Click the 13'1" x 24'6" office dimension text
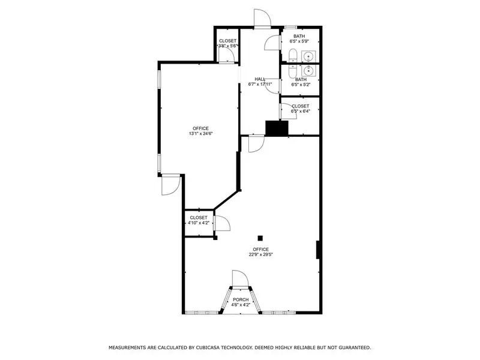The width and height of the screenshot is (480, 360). coord(200,133)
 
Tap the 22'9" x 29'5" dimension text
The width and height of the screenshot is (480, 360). coord(260,254)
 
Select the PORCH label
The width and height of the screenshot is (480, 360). coord(241,299)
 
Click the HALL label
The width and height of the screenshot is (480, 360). coord(260,79)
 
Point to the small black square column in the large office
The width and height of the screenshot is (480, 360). coord(260,238)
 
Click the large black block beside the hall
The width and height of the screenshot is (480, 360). coord(277,128)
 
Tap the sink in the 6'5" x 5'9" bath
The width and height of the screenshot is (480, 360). coord(308,56)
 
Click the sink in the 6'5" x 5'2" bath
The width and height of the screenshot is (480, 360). coord(308,71)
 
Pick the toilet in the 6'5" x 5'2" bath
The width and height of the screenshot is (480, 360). coord(293,71)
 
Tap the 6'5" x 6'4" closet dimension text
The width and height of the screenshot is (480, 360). coord(301,111)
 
